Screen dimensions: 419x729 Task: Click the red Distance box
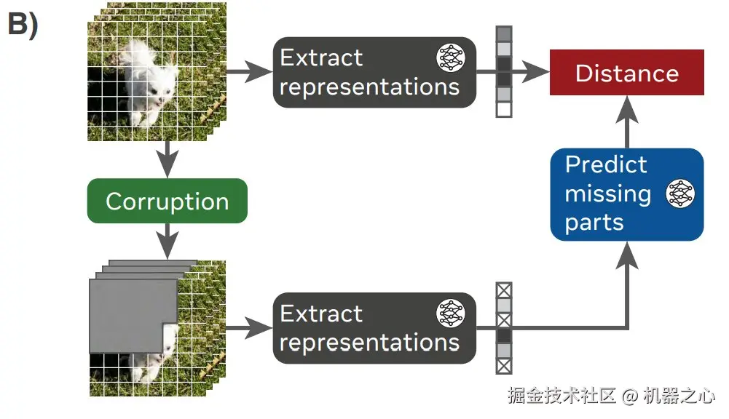[x=626, y=73]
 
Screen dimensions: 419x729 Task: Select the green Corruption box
[x=167, y=201]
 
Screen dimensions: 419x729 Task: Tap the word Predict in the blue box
[x=605, y=165]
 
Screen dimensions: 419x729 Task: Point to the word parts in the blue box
[x=594, y=223]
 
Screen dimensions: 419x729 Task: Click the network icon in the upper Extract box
[x=450, y=57]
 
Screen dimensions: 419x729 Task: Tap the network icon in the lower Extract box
[x=450, y=314]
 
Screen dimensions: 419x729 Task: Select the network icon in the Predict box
[x=680, y=194]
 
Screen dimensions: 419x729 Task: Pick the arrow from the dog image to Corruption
[x=168, y=159]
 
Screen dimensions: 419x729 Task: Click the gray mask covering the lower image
[x=131, y=306]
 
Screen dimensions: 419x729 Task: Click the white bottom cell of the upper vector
[x=504, y=110]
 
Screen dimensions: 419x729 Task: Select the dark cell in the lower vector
[x=504, y=335]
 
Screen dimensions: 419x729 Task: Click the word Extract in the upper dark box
[x=321, y=58]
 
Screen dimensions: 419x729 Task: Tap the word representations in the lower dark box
[x=369, y=343]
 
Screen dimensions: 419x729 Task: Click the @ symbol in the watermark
[x=630, y=397]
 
